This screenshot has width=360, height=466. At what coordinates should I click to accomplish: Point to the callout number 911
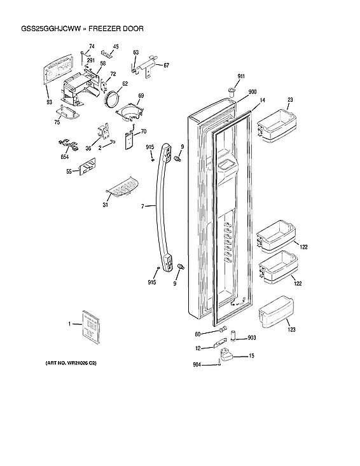tap(241, 76)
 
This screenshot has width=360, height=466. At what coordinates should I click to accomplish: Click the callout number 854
tap(65, 156)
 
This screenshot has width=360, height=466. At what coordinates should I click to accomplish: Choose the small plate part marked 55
tap(87, 168)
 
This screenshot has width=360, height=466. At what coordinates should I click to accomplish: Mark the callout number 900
tap(252, 92)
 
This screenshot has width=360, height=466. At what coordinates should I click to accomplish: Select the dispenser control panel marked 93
tap(64, 74)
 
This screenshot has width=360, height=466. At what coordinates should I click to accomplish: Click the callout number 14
tap(261, 100)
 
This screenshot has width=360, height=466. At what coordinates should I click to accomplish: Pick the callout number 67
tap(166, 65)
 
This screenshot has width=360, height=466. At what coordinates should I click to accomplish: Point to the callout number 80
tap(198, 334)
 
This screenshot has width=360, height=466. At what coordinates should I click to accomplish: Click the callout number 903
tap(252, 338)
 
